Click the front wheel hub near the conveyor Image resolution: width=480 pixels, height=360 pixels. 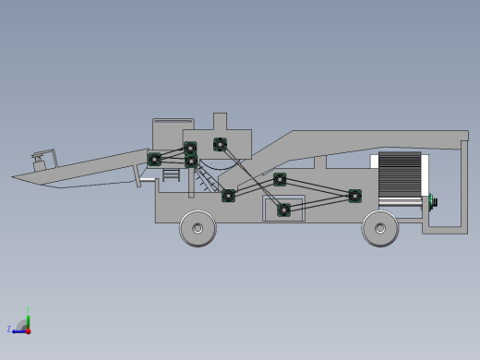coord(197,227)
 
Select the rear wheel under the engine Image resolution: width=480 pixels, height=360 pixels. coord(379,228)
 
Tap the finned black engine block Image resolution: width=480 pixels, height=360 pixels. coord(399,174)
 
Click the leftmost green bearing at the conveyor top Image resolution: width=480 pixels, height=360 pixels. coord(154,159)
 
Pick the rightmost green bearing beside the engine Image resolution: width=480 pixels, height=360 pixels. coord(354,196)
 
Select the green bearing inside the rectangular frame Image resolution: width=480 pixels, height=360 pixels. coord(284,210)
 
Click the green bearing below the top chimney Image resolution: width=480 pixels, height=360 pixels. coord(220,144)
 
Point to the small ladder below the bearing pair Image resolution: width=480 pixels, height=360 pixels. coord(170,174)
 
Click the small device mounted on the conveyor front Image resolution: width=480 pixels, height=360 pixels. coord(39,161)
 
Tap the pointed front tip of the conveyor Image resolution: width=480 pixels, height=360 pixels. coord(15,176)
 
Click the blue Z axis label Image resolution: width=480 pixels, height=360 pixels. coord(9,329)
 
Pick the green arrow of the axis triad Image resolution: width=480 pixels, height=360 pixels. coord(28,320)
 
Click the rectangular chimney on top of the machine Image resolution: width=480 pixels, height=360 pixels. coord(220,123)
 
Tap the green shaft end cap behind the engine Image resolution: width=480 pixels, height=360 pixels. coord(433,201)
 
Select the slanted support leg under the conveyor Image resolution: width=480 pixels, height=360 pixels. coord(139,176)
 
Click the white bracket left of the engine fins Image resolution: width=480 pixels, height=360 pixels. coord(374,162)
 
